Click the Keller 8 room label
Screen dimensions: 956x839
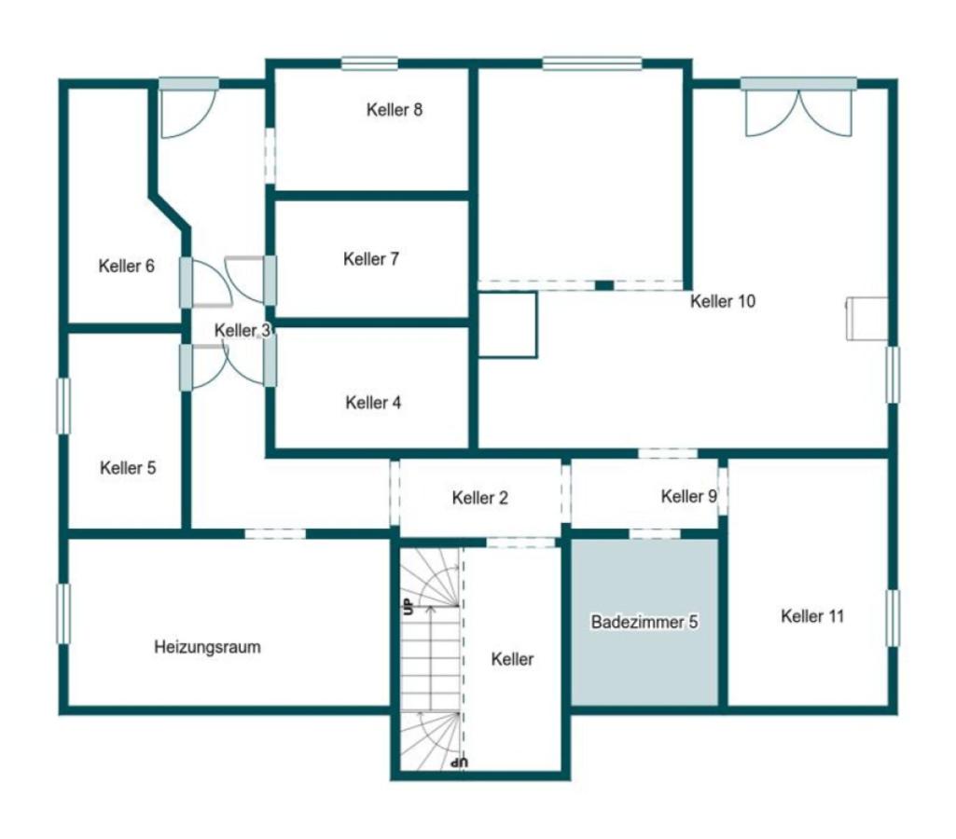pos(394,110)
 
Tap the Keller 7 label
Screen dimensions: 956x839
pos(370,259)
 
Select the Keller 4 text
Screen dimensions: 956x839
pos(373,403)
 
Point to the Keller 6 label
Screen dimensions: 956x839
pos(126,266)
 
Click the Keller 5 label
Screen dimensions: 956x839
pos(128,468)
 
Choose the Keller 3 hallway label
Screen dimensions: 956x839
pos(242,330)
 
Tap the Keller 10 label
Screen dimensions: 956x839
pos(723,301)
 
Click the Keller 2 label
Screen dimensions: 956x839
pos(479,498)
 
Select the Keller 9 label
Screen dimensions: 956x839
pos(689,496)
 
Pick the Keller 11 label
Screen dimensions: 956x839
pos(812,616)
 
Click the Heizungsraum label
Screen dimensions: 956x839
pos(207,646)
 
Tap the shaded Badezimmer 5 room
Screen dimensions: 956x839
pos(644,622)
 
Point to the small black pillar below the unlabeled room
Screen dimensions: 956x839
pos(603,285)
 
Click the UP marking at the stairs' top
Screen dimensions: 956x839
pos(407,606)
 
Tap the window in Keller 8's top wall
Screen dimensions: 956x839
pos(369,63)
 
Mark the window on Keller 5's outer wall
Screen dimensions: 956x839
pos(63,406)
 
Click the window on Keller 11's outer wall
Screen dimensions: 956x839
pos(893,618)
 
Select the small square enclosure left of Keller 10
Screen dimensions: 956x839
pos(507,324)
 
